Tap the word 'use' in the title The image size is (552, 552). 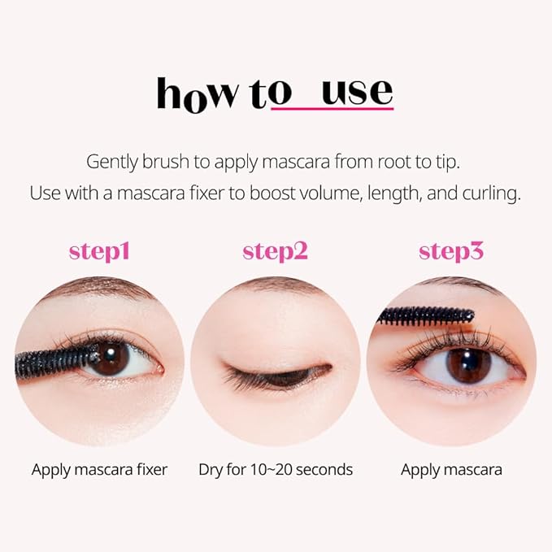coord(357,92)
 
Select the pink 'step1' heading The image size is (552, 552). coord(99,251)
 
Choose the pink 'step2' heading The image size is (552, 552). coord(275,251)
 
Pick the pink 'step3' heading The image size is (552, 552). coord(451,251)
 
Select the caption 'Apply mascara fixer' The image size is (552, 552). coord(99,469)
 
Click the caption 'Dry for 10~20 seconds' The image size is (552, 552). coord(276,469)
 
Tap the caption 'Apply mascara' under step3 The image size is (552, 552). coord(451,469)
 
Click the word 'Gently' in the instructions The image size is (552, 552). coord(111,162)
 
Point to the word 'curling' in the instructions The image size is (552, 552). coord(490,195)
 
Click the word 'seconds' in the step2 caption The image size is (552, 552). coord(324,469)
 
